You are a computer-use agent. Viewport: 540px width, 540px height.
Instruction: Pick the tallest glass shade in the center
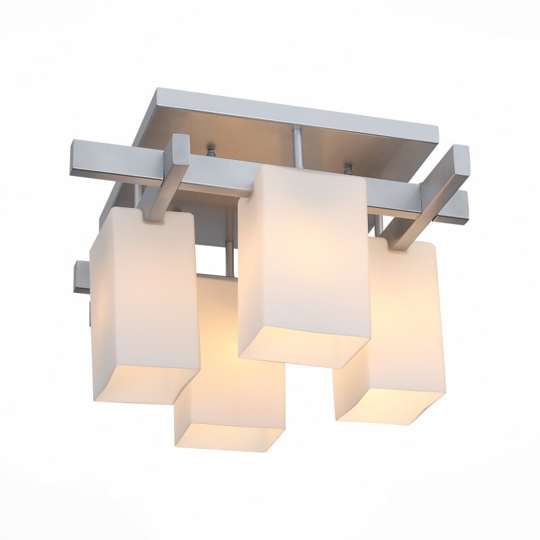(304, 256)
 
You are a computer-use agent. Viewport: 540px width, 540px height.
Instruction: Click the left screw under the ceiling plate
(211, 150)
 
